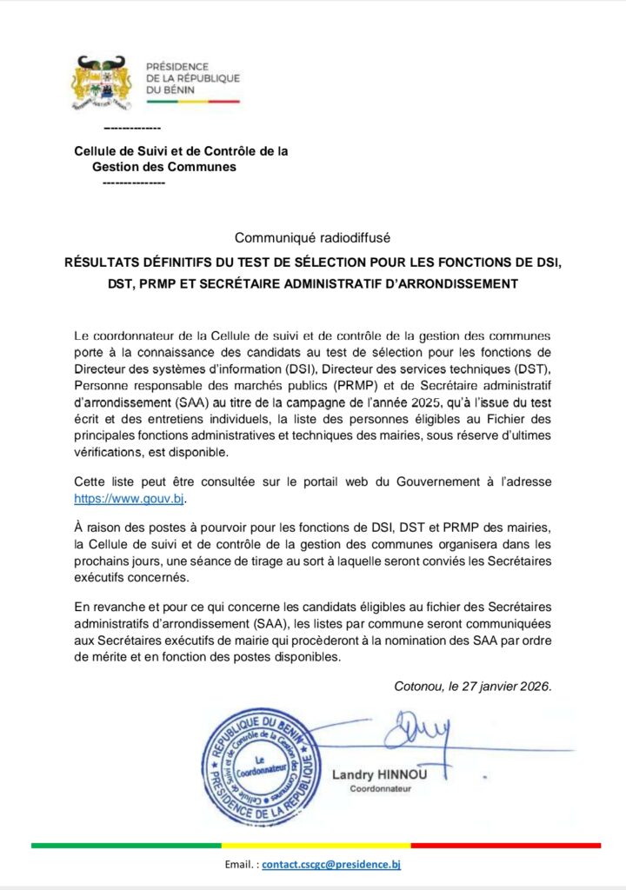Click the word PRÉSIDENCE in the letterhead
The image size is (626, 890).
[x=177, y=67]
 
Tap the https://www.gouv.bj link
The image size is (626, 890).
[x=130, y=499]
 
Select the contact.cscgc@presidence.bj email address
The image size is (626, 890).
[x=331, y=865]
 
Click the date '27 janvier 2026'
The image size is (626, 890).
[x=509, y=686]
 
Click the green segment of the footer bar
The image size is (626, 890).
[x=126, y=845]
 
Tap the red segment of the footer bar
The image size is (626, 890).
[x=505, y=845]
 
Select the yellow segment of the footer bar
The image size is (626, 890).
[x=316, y=845]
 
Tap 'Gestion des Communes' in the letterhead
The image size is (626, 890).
[x=164, y=167]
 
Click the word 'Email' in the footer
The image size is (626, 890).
[x=237, y=865]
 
